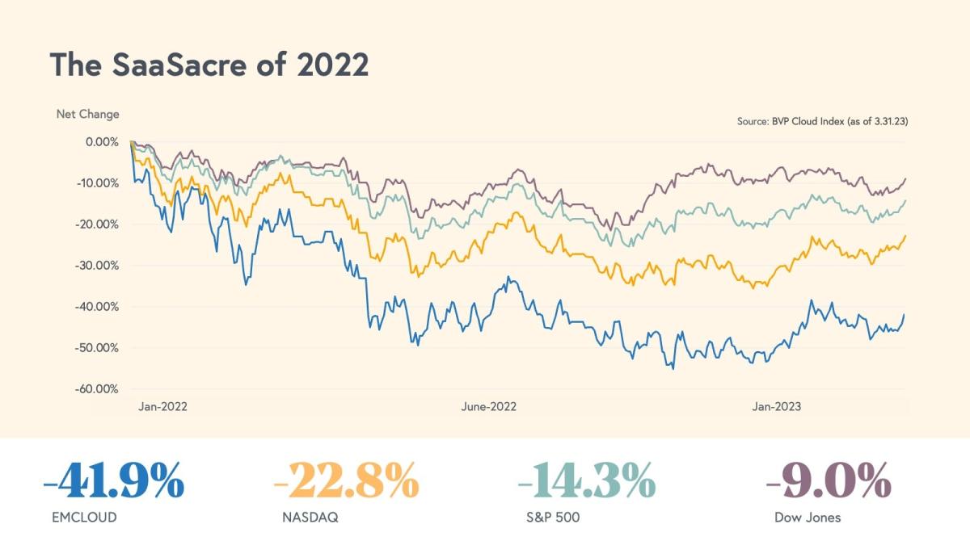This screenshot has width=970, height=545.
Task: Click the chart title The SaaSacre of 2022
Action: [209, 65]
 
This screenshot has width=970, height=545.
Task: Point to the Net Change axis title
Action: [87, 114]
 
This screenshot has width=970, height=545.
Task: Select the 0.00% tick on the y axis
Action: [101, 141]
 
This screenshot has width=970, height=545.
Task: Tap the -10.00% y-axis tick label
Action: [98, 182]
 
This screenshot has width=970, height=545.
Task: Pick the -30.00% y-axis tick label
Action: [98, 265]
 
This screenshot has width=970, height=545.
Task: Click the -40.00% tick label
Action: [98, 306]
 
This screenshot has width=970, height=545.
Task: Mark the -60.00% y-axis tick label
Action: [98, 388]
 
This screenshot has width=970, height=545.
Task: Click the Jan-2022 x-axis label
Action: [162, 407]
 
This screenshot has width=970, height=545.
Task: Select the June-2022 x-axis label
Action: [489, 407]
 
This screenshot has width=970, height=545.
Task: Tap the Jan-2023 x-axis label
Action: [777, 407]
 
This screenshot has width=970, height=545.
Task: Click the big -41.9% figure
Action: [113, 483]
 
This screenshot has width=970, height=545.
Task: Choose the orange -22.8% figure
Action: [346, 483]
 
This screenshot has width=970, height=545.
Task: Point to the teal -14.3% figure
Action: [586, 483]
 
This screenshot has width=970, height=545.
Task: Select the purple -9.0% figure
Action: [829, 483]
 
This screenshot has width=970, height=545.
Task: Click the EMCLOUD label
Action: [83, 518]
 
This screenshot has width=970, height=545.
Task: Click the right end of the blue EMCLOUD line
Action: [905, 314]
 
